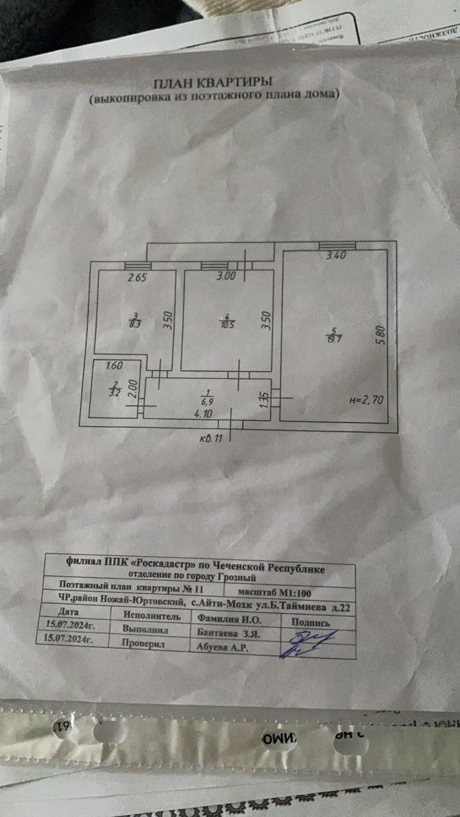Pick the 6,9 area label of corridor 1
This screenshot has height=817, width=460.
pyautogui.click(x=206, y=401)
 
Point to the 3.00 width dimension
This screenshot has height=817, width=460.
pyautogui.click(x=227, y=276)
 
